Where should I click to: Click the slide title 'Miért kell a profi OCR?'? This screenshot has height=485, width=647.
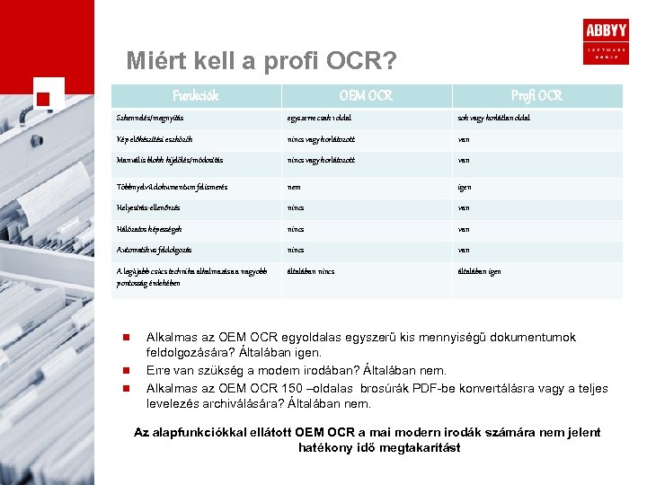pos(261,61)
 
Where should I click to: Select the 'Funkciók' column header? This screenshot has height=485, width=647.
pos(195,95)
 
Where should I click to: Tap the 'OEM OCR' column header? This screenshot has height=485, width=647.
pos(365,95)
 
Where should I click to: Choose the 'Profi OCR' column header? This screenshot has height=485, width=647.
pos(536,95)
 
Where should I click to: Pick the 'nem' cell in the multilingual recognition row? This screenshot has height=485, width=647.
pos(293,187)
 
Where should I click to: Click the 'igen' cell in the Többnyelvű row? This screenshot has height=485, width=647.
pos(465,187)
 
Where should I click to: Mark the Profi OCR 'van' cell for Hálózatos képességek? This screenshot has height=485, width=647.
pos(464,228)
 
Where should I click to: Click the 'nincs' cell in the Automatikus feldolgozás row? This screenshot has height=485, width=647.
pos(295,250)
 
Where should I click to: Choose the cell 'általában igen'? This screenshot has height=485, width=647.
pos(479,271)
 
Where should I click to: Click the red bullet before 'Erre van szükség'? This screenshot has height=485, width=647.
pos(127,370)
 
